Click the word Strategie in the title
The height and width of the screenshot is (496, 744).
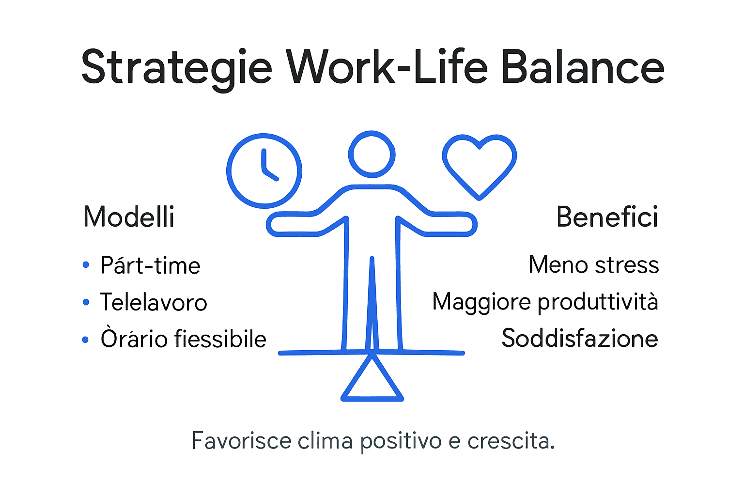(176, 68)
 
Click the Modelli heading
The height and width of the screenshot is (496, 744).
(129, 217)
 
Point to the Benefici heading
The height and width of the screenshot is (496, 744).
(607, 217)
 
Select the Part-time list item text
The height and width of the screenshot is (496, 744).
(150, 265)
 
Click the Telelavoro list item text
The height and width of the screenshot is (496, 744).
(154, 302)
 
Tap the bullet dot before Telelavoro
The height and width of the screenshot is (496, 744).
(86, 303)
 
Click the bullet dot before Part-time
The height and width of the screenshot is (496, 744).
(86, 265)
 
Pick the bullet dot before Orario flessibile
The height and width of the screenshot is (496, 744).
(86, 340)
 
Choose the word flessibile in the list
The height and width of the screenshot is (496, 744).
(220, 339)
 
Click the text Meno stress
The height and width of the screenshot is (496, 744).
(593, 265)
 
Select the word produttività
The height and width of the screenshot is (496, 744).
(598, 302)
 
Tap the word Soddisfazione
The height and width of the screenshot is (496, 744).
(580, 338)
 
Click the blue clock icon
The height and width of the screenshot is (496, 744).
(264, 170)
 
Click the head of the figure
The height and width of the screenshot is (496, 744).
(372, 155)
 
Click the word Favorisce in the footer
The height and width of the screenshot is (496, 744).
(241, 441)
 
